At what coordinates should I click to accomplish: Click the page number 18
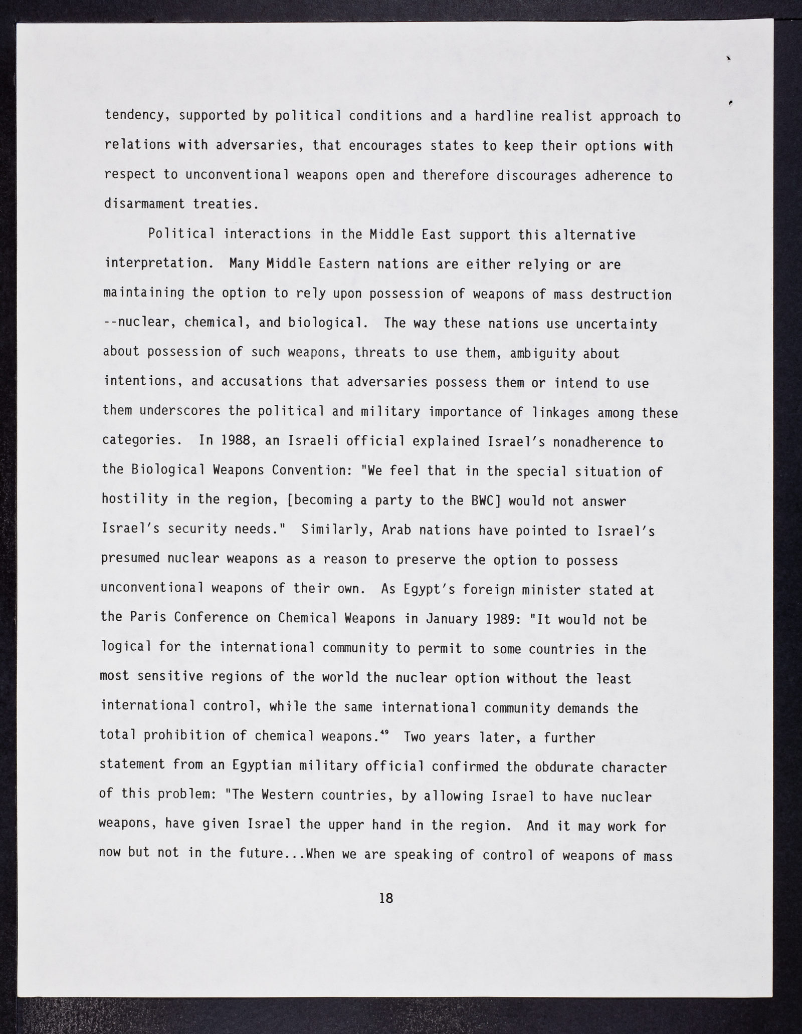coord(386,899)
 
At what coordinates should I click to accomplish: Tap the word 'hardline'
coord(506,116)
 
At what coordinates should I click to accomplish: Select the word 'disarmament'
coord(141,204)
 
